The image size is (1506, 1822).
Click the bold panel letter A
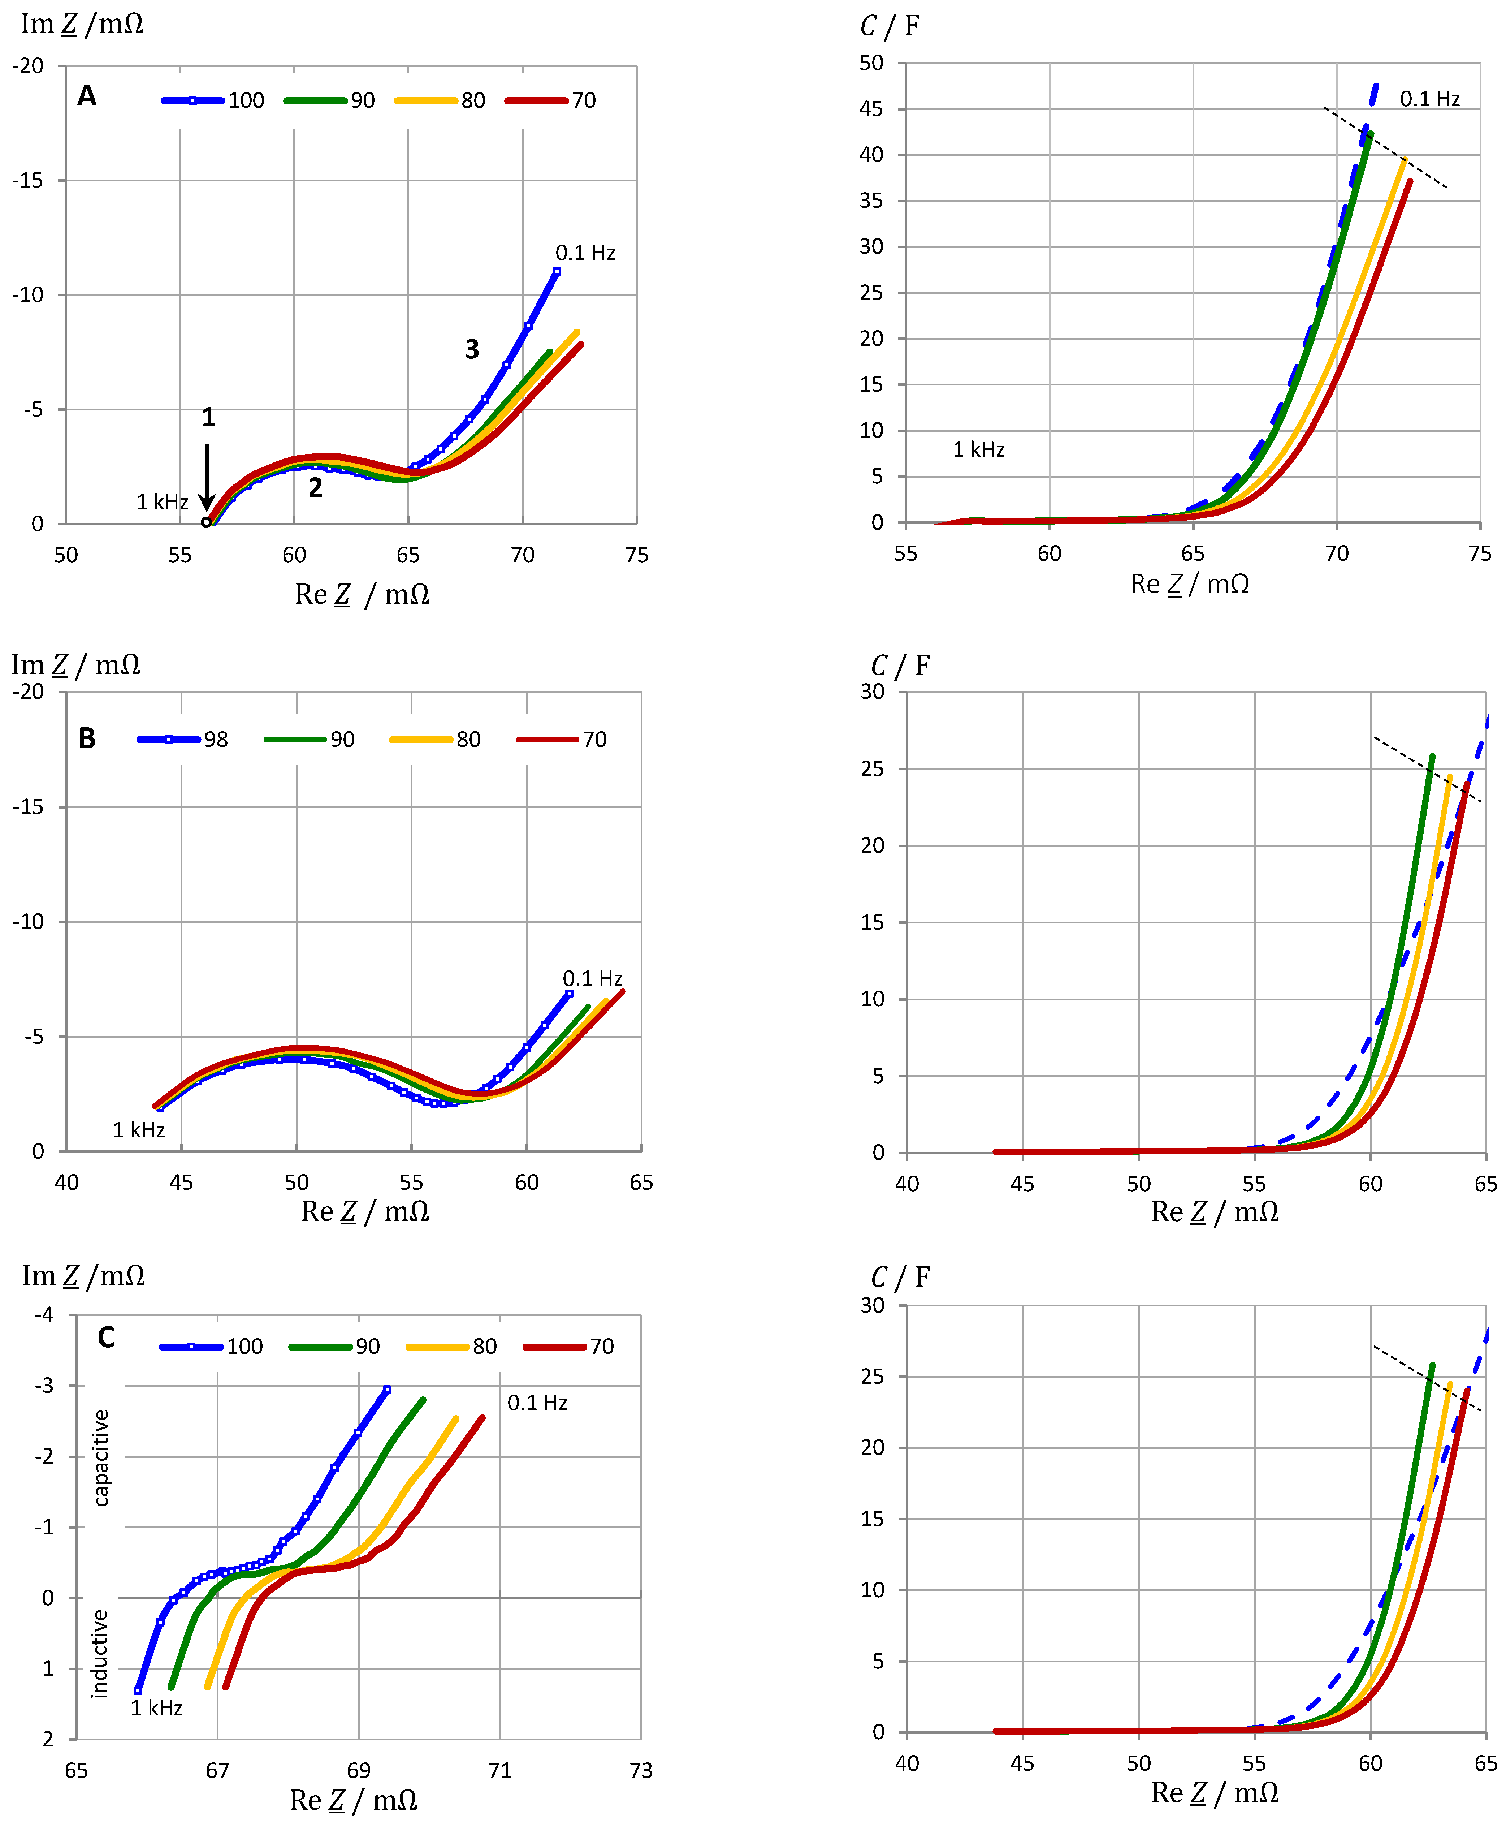[x=87, y=95]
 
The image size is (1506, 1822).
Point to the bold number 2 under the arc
[x=316, y=488]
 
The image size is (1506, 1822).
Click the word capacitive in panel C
[x=101, y=1457]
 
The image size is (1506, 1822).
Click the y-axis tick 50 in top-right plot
[x=872, y=63]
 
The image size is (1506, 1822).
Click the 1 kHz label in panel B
[x=139, y=1130]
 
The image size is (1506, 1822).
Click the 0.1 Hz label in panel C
[x=537, y=1403]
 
